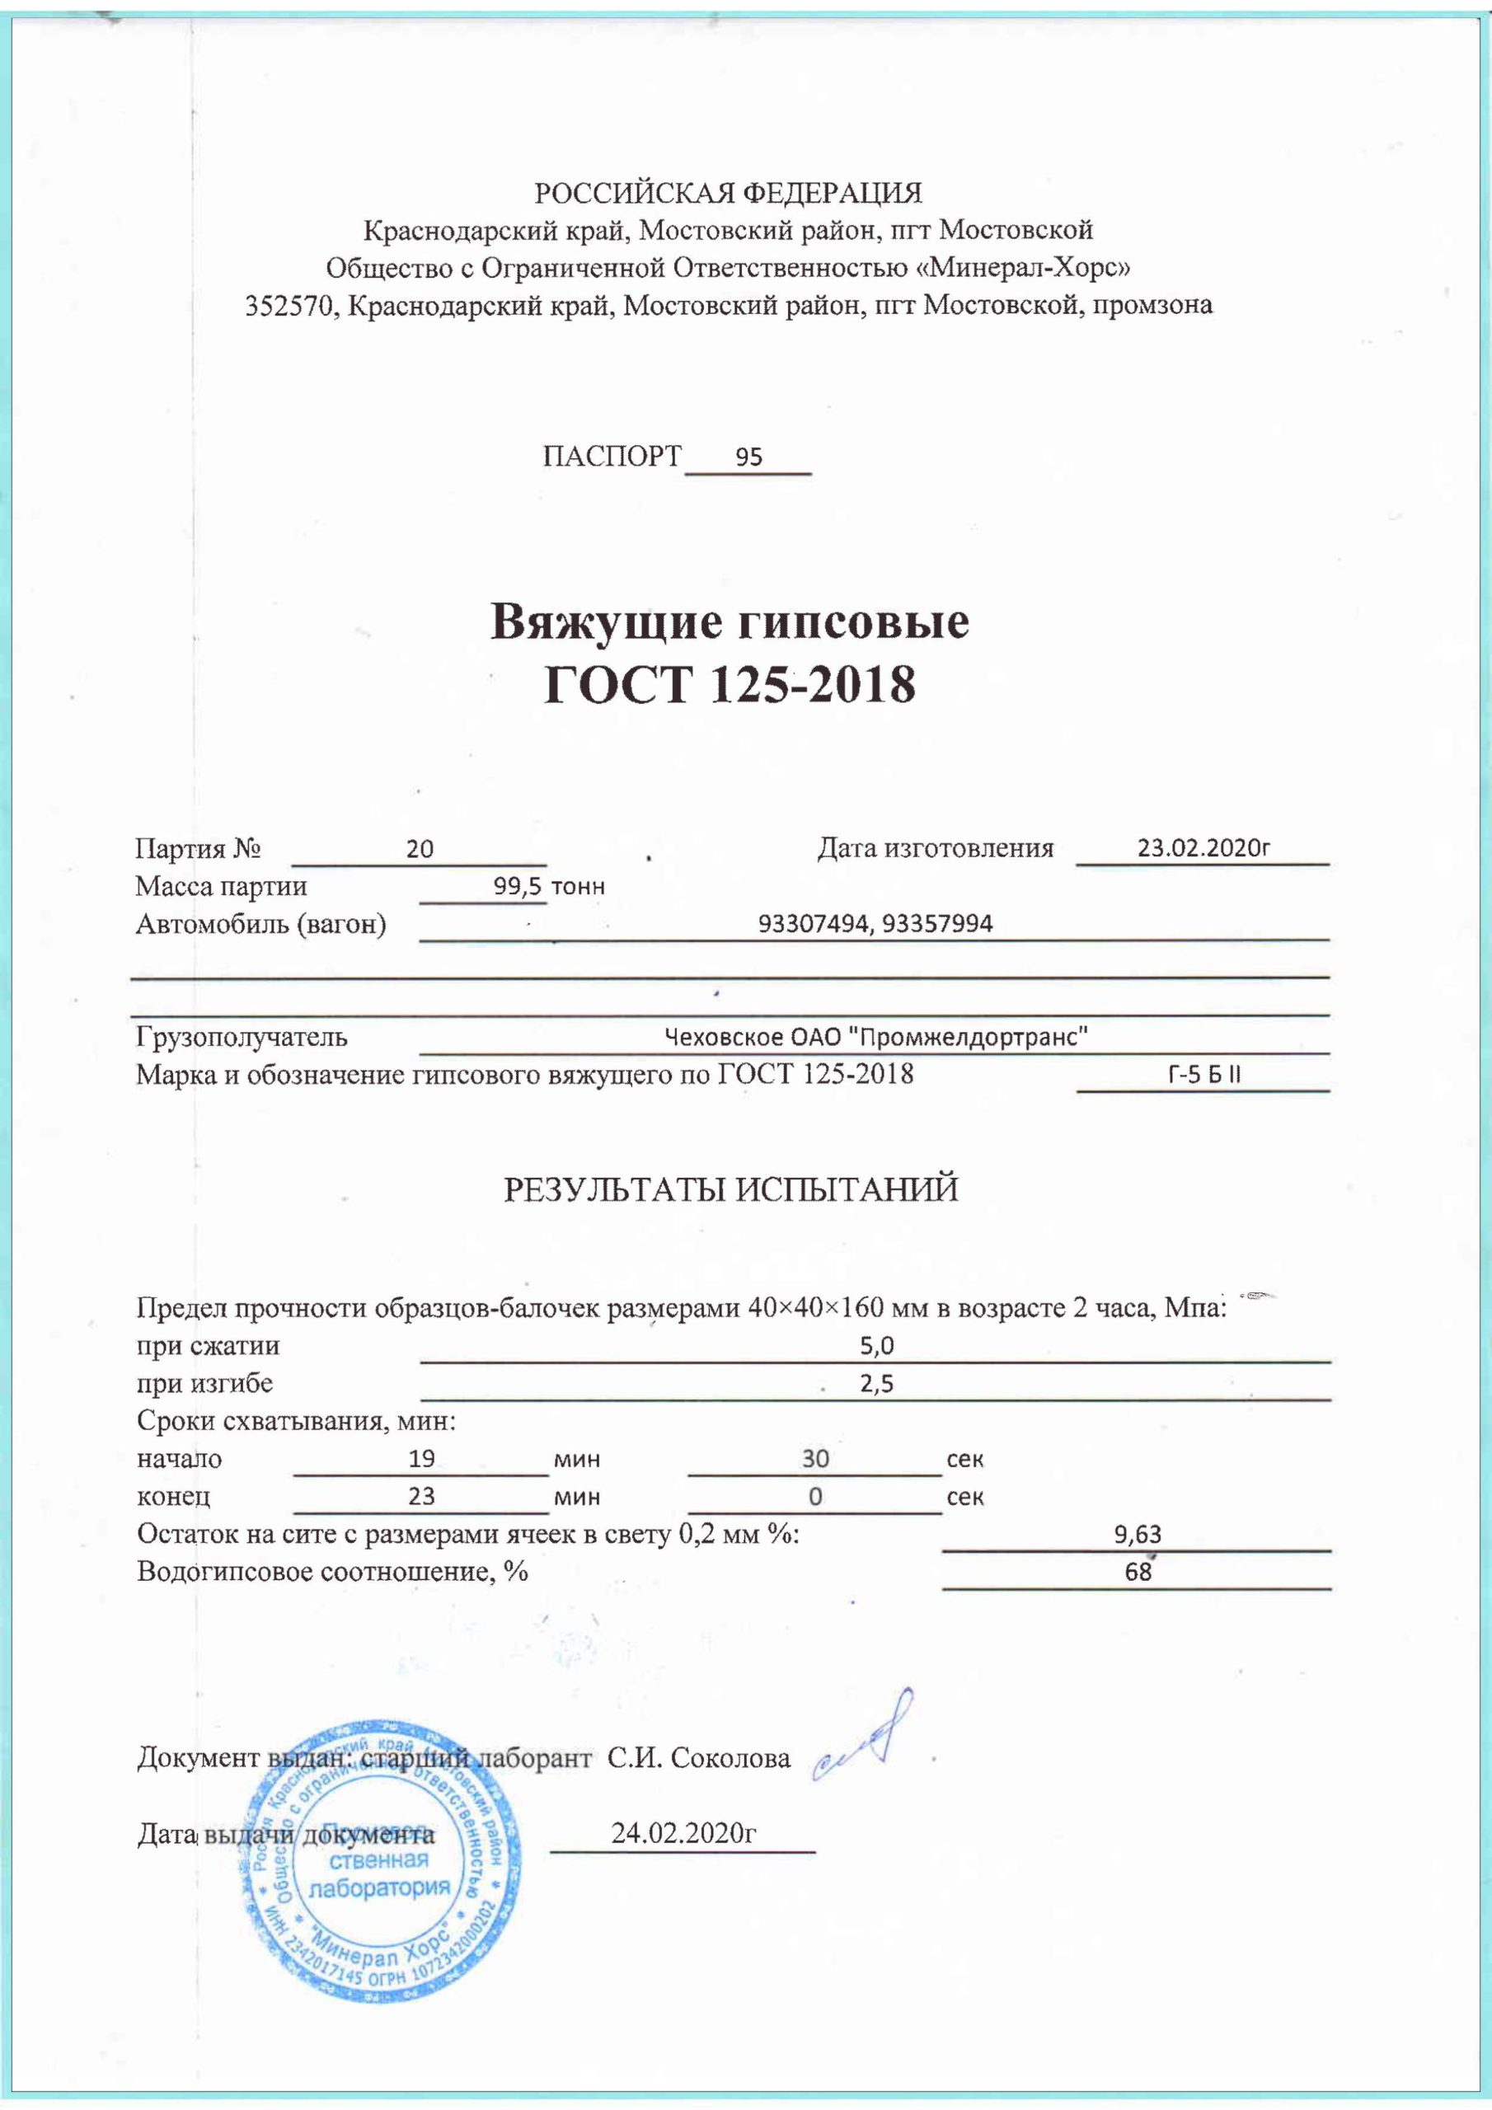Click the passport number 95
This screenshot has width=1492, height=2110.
pyautogui.click(x=749, y=457)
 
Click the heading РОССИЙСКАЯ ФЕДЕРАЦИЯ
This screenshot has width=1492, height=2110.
pyautogui.click(x=728, y=193)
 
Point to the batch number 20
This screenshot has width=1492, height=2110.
pyautogui.click(x=420, y=848)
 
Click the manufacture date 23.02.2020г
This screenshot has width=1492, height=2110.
pyautogui.click(x=1203, y=846)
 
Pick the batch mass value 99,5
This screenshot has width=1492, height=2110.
pyautogui.click(x=518, y=886)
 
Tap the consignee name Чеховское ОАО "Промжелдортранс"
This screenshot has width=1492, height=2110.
pyautogui.click(x=876, y=1037)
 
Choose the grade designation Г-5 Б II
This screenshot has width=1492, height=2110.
pyautogui.click(x=1203, y=1074)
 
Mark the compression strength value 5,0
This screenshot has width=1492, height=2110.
pyautogui.click(x=877, y=1346)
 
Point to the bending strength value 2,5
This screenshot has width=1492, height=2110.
pyautogui.click(x=877, y=1384)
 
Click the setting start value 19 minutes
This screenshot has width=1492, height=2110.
pyautogui.click(x=422, y=1458)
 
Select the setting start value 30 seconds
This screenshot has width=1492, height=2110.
pyautogui.click(x=815, y=1458)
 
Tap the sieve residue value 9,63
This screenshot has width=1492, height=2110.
pyautogui.click(x=1138, y=1534)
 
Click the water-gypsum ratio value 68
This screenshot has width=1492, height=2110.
pyautogui.click(x=1138, y=1572)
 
